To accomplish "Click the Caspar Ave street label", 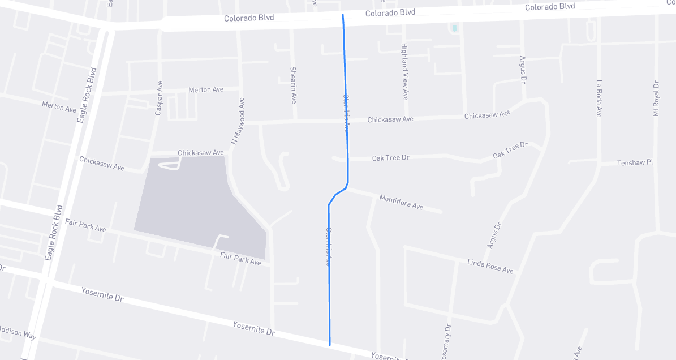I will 159,98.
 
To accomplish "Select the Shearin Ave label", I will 293,85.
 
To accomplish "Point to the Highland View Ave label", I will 405,72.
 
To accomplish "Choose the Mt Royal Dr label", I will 656,98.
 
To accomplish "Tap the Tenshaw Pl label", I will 635,162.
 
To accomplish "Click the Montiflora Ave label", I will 401,202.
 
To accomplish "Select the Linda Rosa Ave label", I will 490,266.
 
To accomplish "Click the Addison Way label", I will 17,332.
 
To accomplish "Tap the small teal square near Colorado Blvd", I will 454,28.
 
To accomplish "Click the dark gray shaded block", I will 192,204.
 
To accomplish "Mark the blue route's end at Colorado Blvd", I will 343,15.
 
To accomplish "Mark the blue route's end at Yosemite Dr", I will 329,344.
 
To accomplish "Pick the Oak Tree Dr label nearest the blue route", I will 390,157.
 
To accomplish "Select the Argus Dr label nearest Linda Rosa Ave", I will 494,235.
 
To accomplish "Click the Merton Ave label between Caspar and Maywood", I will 206,89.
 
